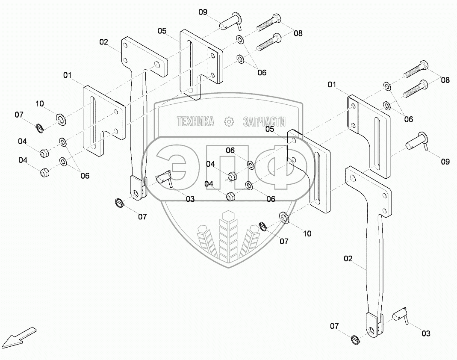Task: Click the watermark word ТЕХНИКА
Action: click(x=195, y=121)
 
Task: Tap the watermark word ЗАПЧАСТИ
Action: click(x=264, y=121)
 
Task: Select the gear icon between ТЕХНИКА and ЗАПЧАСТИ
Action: click(x=229, y=121)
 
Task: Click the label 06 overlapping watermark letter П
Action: click(x=230, y=150)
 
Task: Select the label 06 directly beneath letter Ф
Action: click(x=271, y=199)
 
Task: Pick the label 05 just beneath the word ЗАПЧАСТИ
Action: click(x=270, y=129)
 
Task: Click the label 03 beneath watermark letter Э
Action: click(x=190, y=199)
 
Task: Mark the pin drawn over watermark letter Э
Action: click(x=165, y=178)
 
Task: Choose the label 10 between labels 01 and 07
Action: click(x=40, y=103)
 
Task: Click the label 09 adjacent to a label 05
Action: click(x=203, y=12)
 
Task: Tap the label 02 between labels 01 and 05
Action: click(x=104, y=42)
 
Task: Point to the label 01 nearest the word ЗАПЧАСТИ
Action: click(x=332, y=85)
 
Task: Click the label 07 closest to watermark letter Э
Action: click(x=142, y=217)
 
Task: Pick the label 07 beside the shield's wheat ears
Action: click(x=284, y=241)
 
